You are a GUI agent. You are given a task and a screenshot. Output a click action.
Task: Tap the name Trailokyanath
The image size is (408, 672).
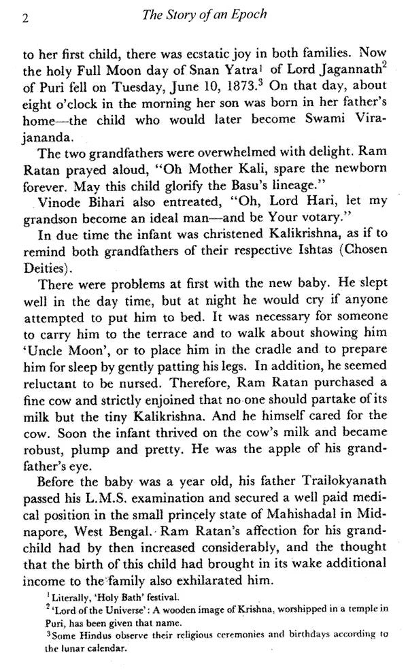324,483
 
